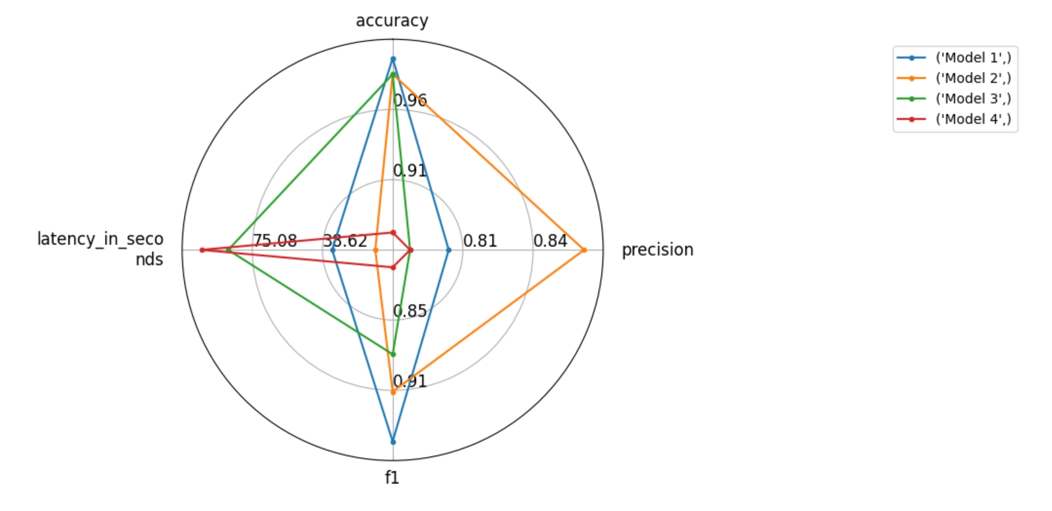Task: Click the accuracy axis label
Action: click(392, 21)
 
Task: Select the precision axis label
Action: click(658, 250)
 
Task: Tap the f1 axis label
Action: click(392, 478)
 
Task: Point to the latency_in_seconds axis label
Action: click(101, 249)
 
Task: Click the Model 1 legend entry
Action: click(955, 58)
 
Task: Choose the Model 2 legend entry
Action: click(955, 78)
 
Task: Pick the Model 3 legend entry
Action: click(955, 99)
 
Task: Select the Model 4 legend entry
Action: click(955, 120)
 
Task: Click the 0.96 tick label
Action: click(411, 101)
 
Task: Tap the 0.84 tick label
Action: click(550, 241)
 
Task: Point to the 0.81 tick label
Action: click(480, 241)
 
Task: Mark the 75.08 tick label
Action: click(276, 241)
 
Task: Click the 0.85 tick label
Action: click(411, 311)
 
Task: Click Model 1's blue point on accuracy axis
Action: click(393, 59)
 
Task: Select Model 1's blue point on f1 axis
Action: click(393, 442)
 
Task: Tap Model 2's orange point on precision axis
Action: click(584, 250)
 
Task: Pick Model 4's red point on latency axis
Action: click(202, 250)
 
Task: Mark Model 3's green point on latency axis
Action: click(229, 250)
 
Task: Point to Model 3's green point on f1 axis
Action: click(393, 354)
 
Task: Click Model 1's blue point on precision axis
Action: click(448, 250)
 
